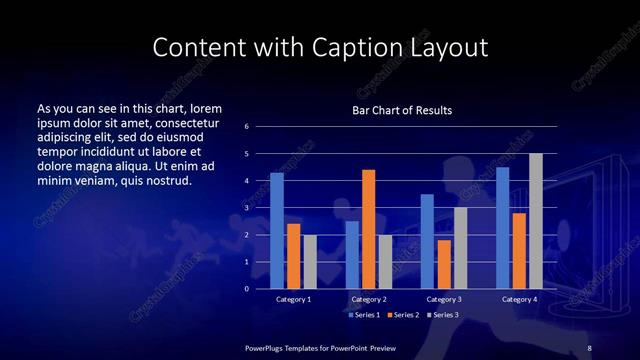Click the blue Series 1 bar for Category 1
tap(277, 231)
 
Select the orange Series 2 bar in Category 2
tap(368, 229)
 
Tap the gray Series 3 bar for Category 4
tap(535, 221)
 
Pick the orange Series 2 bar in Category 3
tap(443, 264)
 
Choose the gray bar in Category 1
tap(310, 262)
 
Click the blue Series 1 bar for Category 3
tap(427, 241)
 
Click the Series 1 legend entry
tap(363, 314)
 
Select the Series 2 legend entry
tap(403, 314)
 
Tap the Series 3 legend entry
tap(443, 314)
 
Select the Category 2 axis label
tap(368, 299)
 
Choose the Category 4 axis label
tap(518, 299)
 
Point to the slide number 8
tap(589, 347)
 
